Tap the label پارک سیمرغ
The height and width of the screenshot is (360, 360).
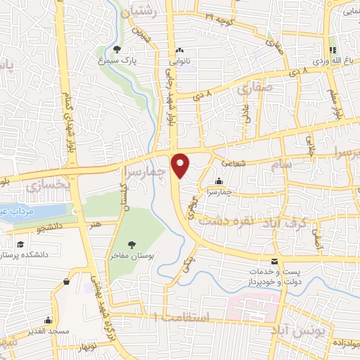[116, 61]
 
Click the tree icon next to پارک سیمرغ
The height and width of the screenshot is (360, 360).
[117, 49]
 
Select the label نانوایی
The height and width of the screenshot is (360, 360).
[181, 62]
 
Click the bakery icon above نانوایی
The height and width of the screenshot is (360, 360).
[181, 51]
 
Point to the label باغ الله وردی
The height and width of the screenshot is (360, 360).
[331, 62]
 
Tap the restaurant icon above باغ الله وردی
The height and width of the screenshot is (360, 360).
[333, 50]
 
